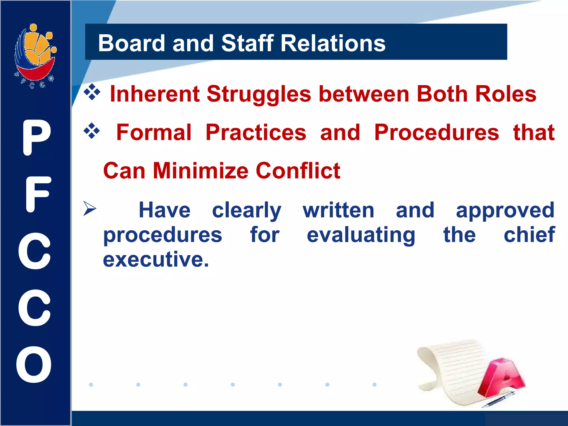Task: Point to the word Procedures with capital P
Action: [436, 132]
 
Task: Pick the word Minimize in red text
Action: [200, 171]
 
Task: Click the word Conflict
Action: [298, 171]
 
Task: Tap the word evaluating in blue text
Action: [361, 235]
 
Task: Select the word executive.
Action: [156, 259]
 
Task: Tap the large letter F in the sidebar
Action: [38, 194]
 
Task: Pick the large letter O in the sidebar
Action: [34, 364]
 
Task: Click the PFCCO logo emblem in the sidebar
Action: [35, 55]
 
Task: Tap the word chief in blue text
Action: [529, 235]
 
